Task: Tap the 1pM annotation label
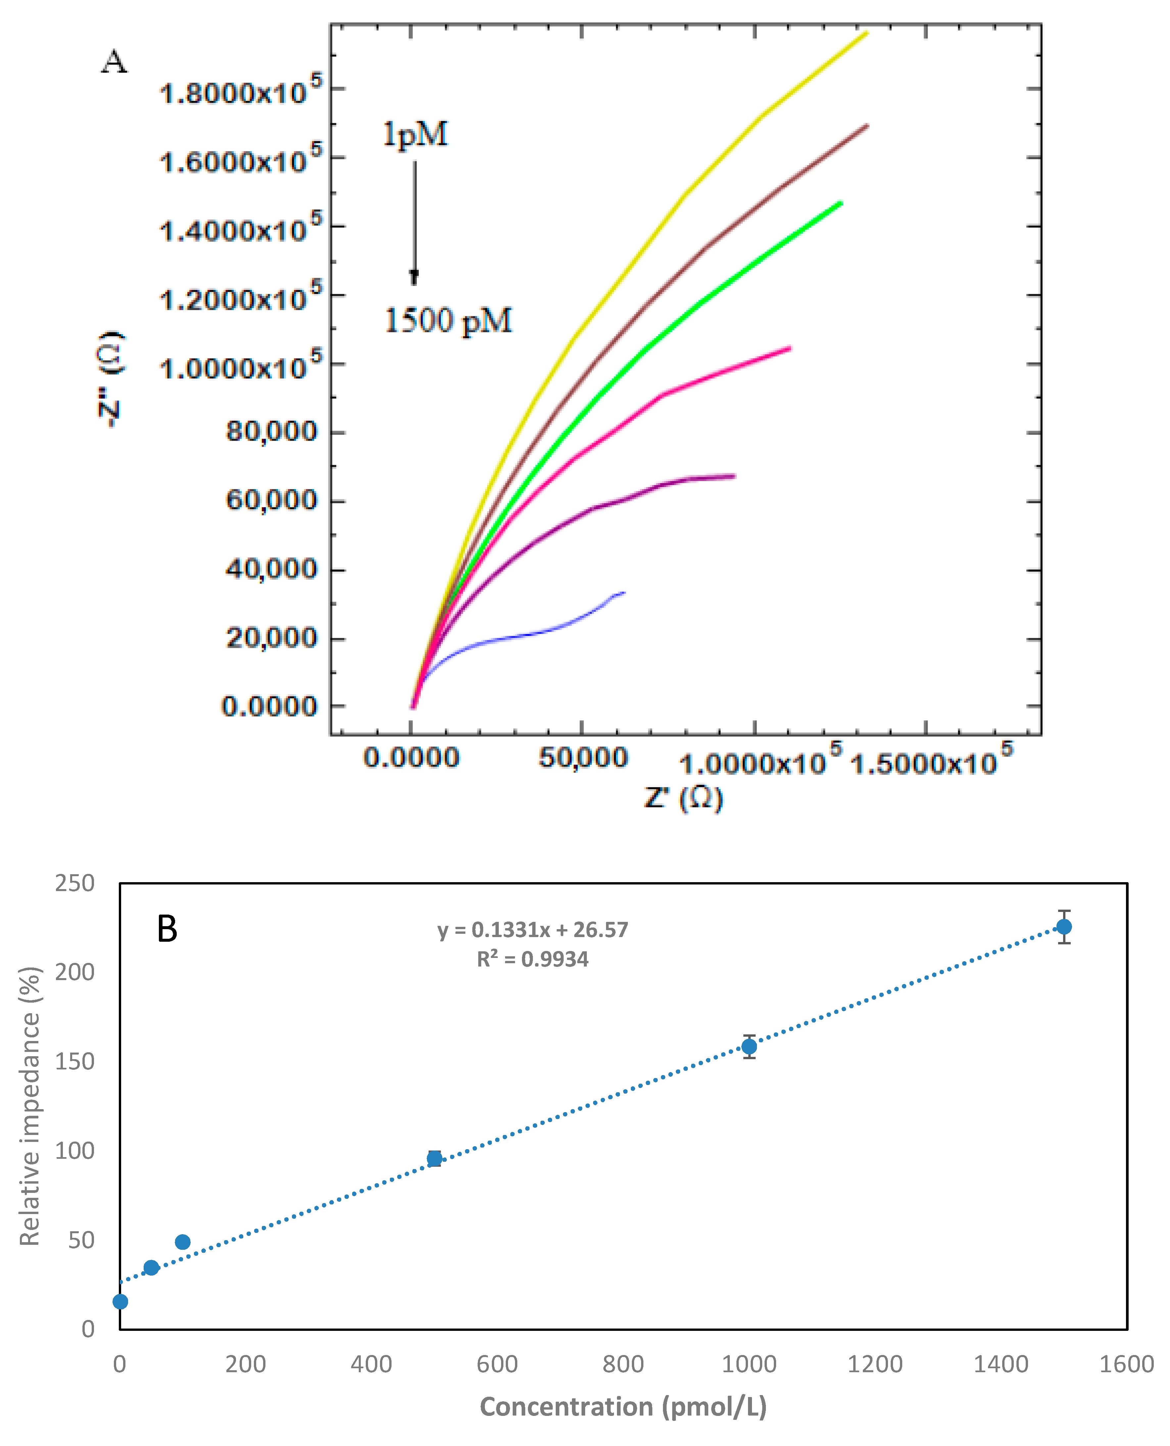tap(415, 134)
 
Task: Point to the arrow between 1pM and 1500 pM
tap(414, 222)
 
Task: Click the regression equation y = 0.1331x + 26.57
tap(533, 930)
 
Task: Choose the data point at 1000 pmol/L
tap(749, 1046)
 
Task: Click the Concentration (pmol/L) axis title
tap(624, 1407)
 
